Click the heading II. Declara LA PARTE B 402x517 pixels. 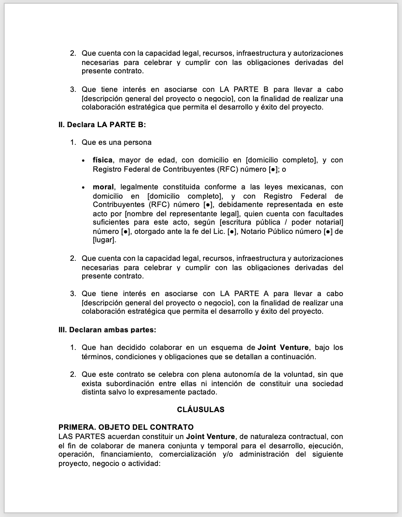[x=102, y=124]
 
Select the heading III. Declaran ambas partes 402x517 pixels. [x=107, y=330]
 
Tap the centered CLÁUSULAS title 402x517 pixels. [x=201, y=409]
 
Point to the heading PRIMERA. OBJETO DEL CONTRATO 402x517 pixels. [x=126, y=427]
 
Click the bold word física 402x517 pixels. [x=103, y=160]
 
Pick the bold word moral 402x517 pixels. [x=103, y=187]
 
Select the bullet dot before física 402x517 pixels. [x=83, y=161]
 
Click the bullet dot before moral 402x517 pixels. [x=83, y=187]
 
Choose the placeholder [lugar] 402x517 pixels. [x=104, y=240]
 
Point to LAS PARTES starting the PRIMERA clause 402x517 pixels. [x=78, y=436]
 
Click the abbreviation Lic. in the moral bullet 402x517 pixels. [x=219, y=232]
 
